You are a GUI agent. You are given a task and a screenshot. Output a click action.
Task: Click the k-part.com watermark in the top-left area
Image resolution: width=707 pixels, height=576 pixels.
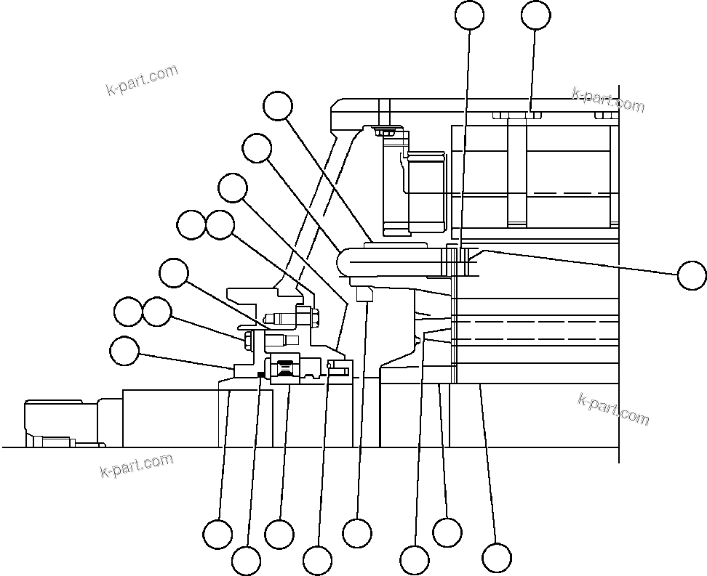click(142, 80)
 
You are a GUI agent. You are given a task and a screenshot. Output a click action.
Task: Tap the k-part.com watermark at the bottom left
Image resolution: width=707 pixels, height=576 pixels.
click(137, 466)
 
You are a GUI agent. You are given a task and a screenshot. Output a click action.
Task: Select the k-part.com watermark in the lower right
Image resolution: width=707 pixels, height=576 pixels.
click(613, 409)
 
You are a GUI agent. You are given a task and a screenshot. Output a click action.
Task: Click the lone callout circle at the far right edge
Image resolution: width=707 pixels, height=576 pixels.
click(691, 276)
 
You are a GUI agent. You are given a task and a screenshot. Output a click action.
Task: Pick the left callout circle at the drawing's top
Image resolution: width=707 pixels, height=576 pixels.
click(469, 15)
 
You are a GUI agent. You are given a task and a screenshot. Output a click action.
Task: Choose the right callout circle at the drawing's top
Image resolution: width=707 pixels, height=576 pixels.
click(536, 15)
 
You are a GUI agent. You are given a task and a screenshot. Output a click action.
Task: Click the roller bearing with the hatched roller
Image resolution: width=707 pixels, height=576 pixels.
click(286, 370)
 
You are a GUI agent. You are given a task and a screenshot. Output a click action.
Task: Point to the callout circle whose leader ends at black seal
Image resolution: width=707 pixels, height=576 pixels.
click(246, 561)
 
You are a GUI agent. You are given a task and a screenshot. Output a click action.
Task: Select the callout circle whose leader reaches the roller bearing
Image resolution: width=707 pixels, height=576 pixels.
click(279, 534)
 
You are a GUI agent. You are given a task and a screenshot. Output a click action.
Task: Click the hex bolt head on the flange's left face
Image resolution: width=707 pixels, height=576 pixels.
click(248, 339)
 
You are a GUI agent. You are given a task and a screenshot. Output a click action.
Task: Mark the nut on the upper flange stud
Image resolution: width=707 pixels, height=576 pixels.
click(314, 317)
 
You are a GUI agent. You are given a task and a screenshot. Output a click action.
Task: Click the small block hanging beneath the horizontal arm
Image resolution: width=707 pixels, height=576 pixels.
click(365, 293)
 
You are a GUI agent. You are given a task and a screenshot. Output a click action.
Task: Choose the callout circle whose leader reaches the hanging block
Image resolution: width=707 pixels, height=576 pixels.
click(357, 533)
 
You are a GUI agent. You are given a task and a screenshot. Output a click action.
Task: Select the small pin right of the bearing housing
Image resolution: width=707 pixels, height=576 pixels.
click(339, 370)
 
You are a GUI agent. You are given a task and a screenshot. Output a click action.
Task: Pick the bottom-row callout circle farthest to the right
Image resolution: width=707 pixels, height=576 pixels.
click(497, 558)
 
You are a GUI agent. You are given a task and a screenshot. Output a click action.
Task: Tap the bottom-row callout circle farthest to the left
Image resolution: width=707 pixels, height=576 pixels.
click(217, 534)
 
